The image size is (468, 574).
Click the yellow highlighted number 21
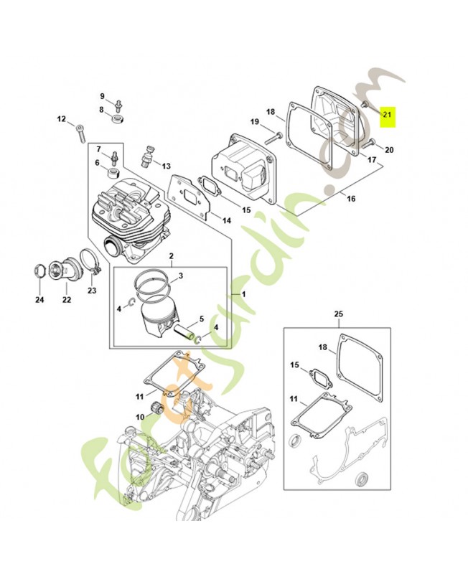[388, 114]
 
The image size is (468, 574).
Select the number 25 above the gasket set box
[339, 314]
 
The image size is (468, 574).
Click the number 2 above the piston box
[172, 256]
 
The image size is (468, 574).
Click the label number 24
[39, 299]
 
